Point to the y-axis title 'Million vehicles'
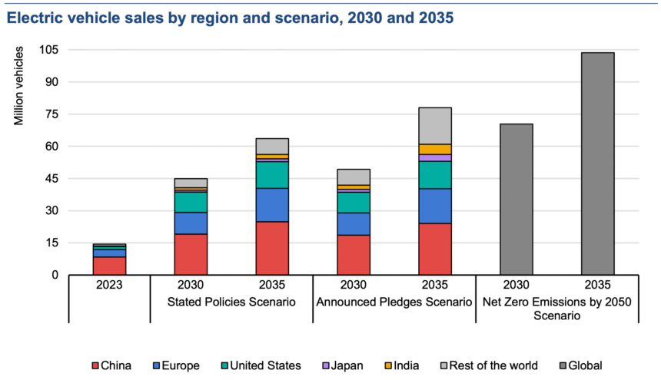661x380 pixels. pos(18,85)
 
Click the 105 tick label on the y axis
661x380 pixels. pos(51,50)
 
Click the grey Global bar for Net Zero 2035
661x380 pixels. pos(597,164)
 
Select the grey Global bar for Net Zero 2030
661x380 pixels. pos(516,200)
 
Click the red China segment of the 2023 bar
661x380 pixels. pos(109,266)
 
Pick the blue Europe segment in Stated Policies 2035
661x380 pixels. pos(272,205)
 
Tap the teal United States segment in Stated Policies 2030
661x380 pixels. pos(191,202)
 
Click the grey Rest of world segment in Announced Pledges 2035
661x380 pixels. pos(435,126)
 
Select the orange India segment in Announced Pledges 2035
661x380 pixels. pos(435,149)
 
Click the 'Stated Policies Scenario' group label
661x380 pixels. pos(231,302)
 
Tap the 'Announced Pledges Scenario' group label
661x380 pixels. pos(394,302)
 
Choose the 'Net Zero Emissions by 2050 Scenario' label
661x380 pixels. pos(556,309)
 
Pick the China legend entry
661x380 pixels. pos(111,365)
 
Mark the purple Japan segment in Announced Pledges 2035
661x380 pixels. pos(435,157)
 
